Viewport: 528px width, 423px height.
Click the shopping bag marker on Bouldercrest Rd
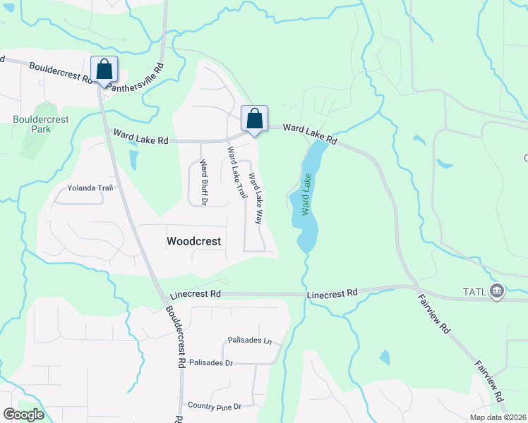tap(104, 70)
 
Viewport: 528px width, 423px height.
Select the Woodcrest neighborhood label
tap(193, 241)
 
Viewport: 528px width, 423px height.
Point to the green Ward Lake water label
tap(306, 195)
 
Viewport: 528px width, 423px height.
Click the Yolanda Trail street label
tap(90, 188)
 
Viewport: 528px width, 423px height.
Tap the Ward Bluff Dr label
tap(203, 183)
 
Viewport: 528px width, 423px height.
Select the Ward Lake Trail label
tap(236, 172)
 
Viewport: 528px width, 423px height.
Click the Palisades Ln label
tap(250, 341)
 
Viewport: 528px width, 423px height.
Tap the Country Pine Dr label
tap(215, 406)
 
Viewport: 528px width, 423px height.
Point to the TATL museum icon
tap(497, 290)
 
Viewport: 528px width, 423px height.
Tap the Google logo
tap(23, 414)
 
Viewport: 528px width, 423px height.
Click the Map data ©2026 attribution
tap(497, 417)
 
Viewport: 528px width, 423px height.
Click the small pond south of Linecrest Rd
tap(385, 357)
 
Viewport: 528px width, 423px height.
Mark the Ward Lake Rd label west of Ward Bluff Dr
tap(142, 135)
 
